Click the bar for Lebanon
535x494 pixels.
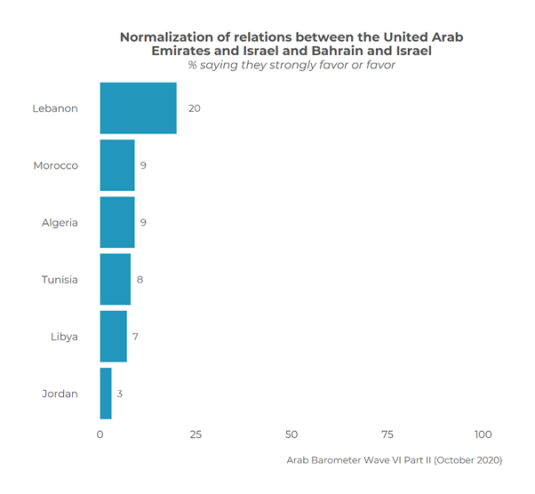138,108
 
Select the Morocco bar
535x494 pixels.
117,165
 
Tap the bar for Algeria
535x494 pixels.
117,222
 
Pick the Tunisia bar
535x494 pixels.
116,279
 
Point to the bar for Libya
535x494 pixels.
114,336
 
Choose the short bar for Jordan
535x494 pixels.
106,393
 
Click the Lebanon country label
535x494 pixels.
55,108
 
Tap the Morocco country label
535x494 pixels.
56,165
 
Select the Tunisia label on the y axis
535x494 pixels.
60,279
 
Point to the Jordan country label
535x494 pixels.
60,393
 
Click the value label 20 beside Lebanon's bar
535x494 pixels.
194,108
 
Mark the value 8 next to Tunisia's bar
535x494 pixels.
140,279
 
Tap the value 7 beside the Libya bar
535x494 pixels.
136,336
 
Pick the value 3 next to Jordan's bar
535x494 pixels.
120,393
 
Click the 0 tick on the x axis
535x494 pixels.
100,434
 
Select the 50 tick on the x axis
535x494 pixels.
291,434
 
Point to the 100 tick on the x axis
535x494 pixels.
483,434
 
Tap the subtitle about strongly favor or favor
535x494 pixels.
291,65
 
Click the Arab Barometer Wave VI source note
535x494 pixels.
395,460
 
